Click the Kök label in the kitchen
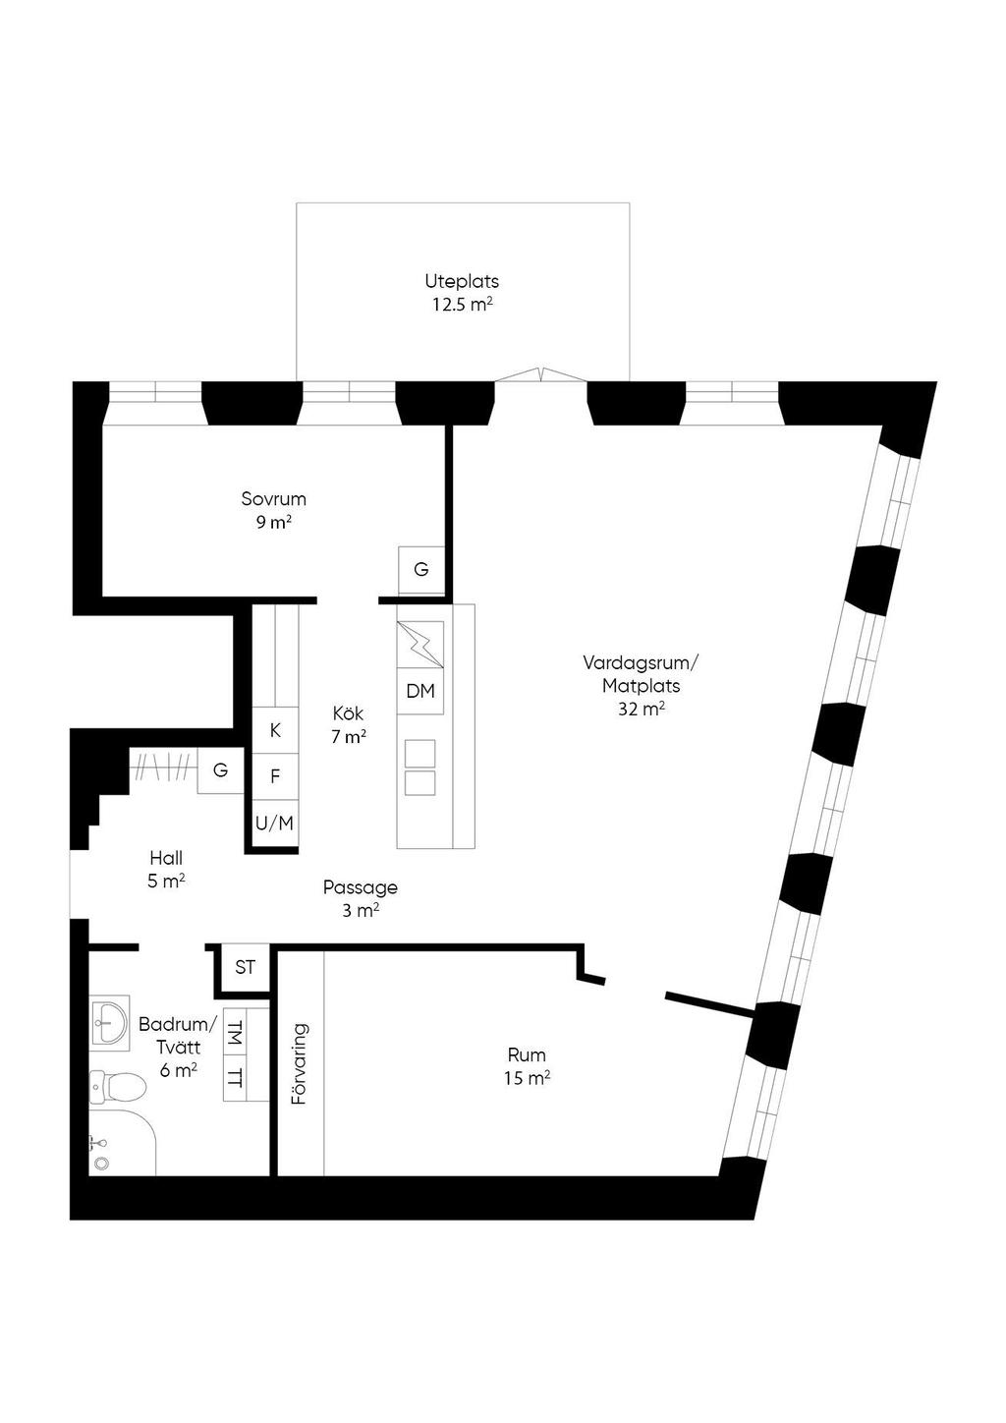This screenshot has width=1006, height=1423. pos(349,724)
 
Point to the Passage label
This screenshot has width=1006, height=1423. pos(361,898)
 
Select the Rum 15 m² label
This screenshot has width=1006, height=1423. pos(527,1066)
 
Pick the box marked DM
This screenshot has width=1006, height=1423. pos(420,691)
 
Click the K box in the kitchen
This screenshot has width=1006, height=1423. pos(275,730)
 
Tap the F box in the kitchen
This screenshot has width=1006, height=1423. pos(275,776)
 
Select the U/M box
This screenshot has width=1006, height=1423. pos(275,823)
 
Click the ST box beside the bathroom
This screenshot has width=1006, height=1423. pos(245,968)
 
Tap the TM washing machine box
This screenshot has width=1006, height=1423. pos(235,1032)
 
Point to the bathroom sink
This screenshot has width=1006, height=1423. pos(108,1022)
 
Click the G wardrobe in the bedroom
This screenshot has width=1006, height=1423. pos(421,570)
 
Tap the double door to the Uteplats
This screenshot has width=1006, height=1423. pos(540,374)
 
